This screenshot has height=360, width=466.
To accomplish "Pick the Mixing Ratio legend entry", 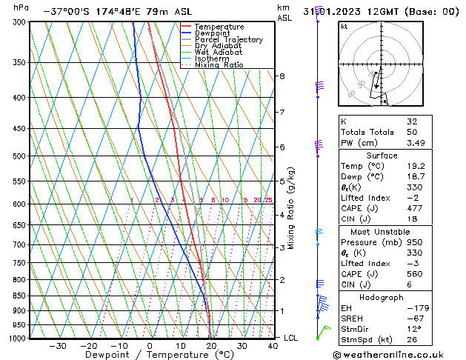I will click(x=219, y=65).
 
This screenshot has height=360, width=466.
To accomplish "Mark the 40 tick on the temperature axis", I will click(x=273, y=346).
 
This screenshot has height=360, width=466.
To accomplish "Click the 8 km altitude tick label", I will click(x=282, y=76).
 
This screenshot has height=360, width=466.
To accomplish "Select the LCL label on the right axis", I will click(x=292, y=338).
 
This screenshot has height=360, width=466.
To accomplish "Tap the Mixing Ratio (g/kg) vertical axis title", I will click(x=291, y=208).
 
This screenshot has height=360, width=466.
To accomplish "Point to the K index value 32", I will click(x=412, y=121).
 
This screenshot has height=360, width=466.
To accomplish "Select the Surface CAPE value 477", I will click(x=414, y=208).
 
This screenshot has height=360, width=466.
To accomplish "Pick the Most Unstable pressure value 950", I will click(x=414, y=242).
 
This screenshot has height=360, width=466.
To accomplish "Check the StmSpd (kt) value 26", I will click(x=412, y=340).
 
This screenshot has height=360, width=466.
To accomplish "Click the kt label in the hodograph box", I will click(x=344, y=26).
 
